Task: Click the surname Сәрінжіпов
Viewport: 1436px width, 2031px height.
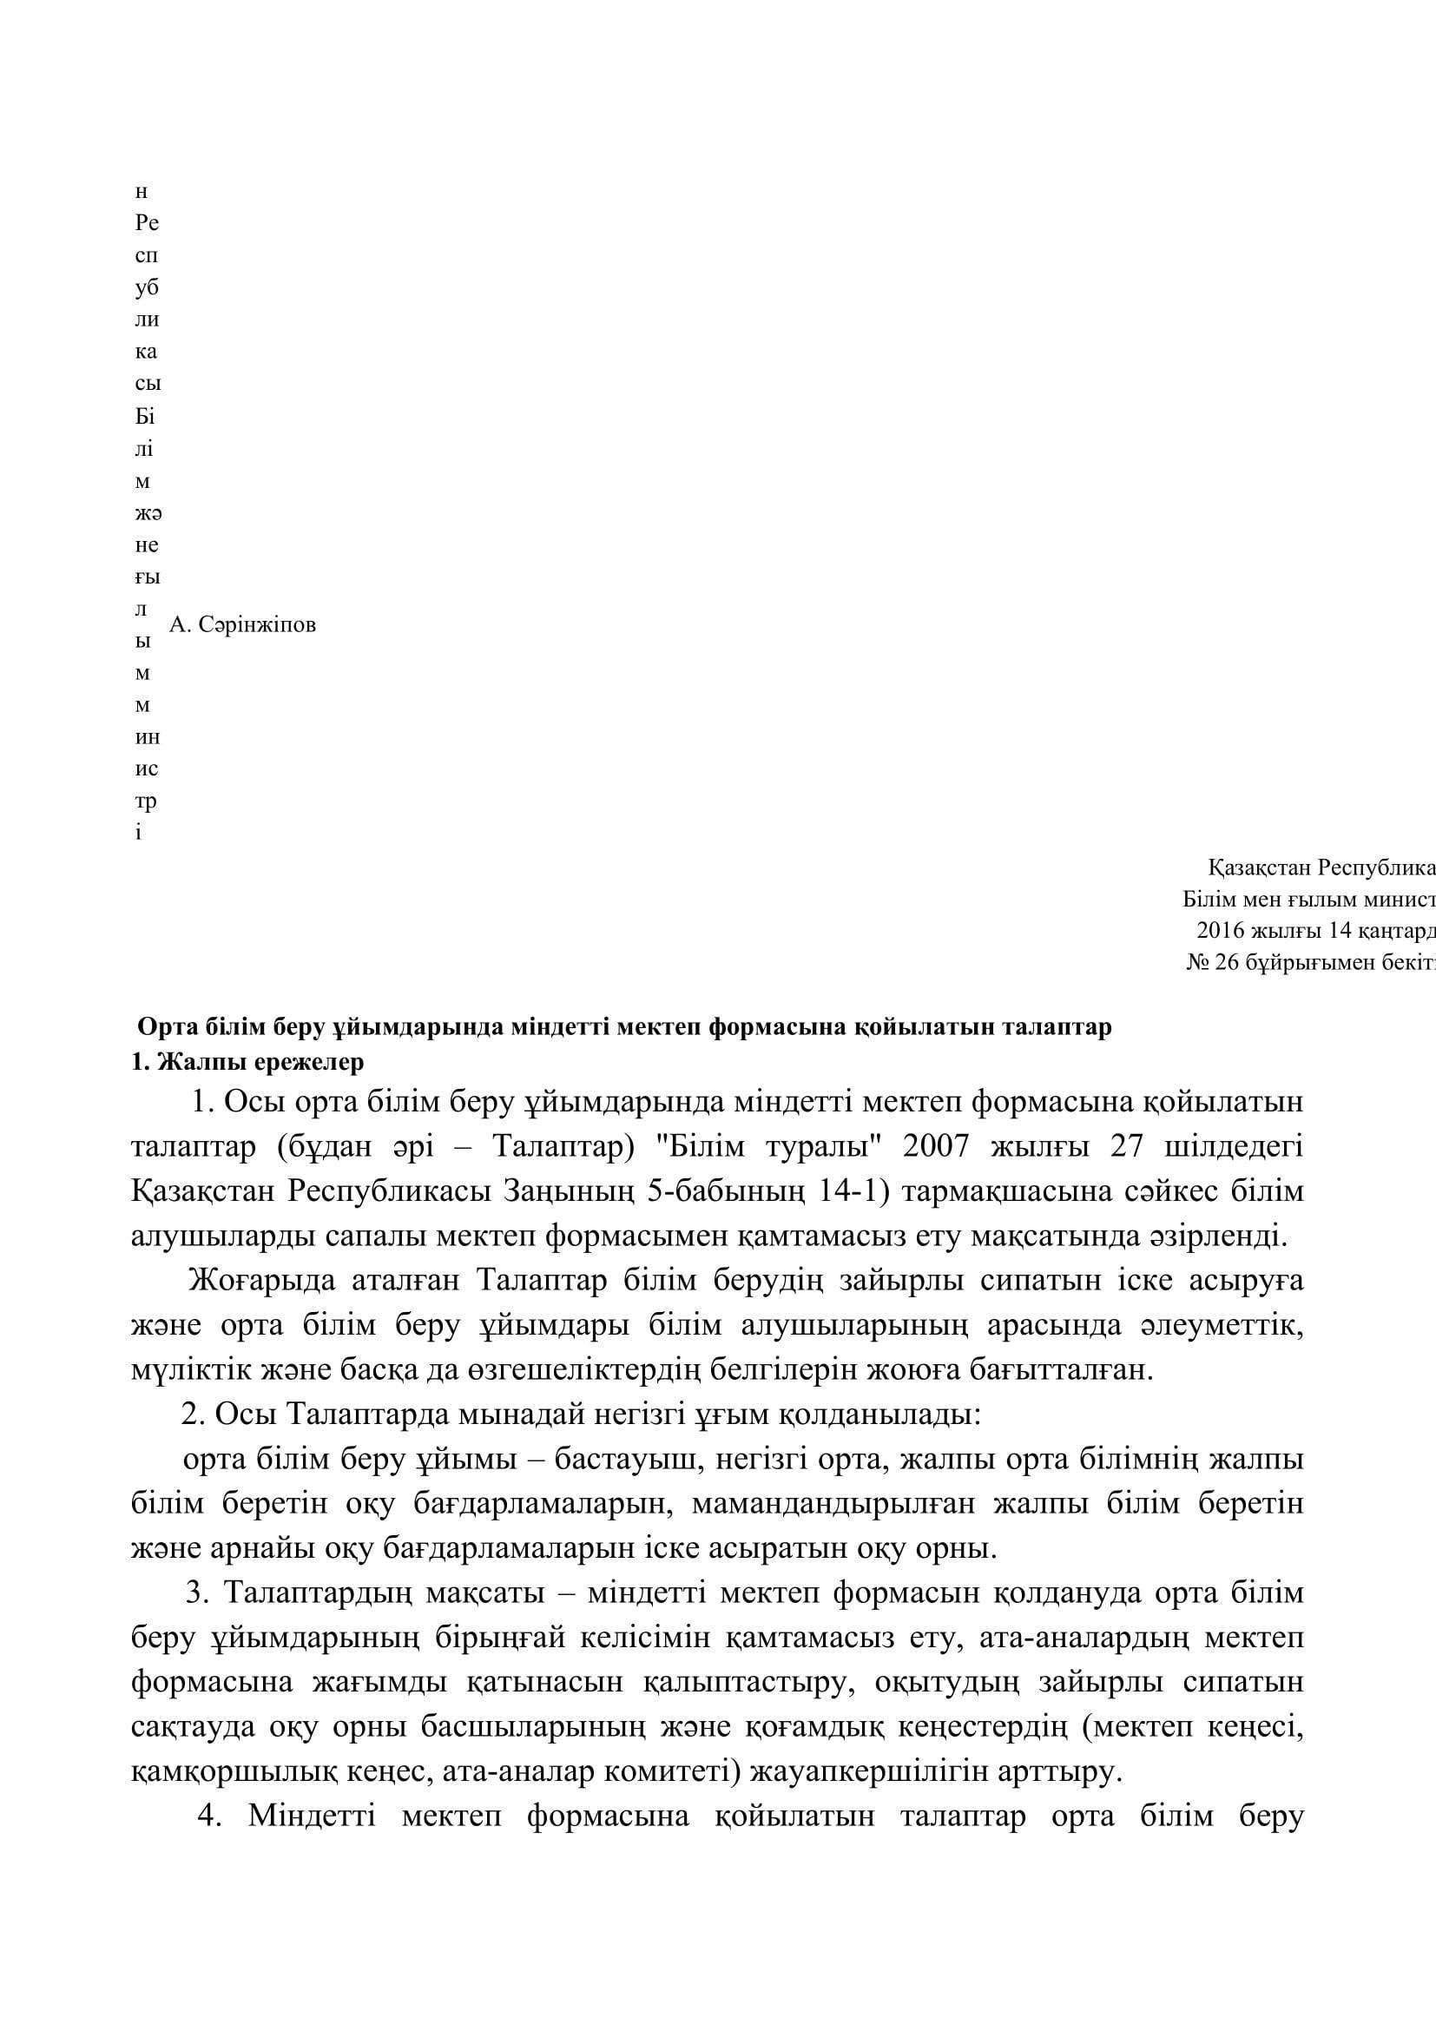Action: pos(256,625)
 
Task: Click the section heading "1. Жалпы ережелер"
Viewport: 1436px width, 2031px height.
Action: pos(247,1062)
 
